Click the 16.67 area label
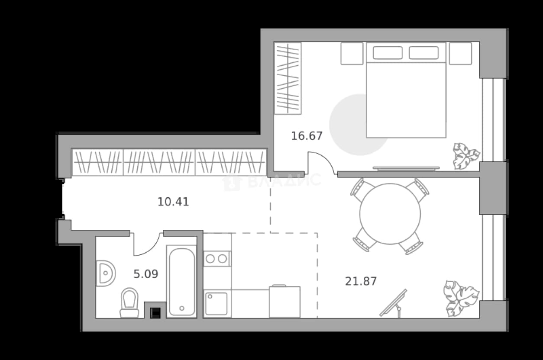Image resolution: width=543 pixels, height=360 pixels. [x=307, y=136]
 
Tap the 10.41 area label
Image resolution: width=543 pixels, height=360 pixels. [x=173, y=202]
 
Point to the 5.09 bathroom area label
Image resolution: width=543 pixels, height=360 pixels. [x=145, y=274]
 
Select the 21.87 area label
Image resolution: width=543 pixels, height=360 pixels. [x=361, y=282]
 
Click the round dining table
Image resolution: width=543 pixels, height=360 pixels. [x=390, y=214]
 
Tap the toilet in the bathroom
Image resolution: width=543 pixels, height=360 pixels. [x=129, y=302]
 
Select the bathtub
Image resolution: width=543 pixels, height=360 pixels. [x=182, y=282]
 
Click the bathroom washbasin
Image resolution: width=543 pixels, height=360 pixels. [x=106, y=273]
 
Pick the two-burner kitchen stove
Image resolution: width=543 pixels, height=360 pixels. [x=217, y=259]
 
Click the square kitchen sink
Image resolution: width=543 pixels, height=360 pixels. [x=217, y=303]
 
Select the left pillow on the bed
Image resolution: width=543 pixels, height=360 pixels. [x=388, y=52]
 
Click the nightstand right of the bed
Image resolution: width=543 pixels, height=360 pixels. [x=460, y=54]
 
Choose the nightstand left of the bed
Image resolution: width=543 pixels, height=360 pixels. [x=352, y=54]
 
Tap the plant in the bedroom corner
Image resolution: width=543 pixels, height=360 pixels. [x=466, y=156]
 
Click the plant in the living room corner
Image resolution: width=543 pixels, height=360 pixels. [x=461, y=299]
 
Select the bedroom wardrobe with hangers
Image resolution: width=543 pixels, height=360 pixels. [x=288, y=78]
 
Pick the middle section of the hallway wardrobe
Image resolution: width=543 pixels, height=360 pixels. [x=159, y=162]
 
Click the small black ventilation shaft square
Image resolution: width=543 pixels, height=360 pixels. [x=155, y=313]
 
